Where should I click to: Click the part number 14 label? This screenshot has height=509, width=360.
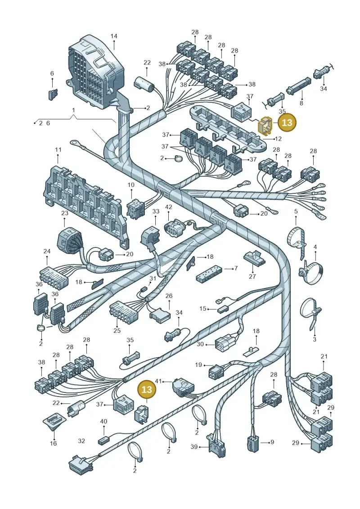point(113,36)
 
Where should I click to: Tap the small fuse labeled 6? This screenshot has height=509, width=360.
point(53,94)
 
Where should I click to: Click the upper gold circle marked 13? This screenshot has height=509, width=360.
point(287,122)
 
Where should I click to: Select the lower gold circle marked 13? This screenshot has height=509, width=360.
point(147,389)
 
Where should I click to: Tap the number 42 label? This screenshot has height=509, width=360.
point(168,207)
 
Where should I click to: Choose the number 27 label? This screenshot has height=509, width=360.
point(252,277)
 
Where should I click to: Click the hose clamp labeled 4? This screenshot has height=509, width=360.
point(312,270)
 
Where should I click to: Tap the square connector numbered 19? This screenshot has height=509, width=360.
point(216,370)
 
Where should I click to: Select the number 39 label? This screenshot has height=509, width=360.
point(194,447)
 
